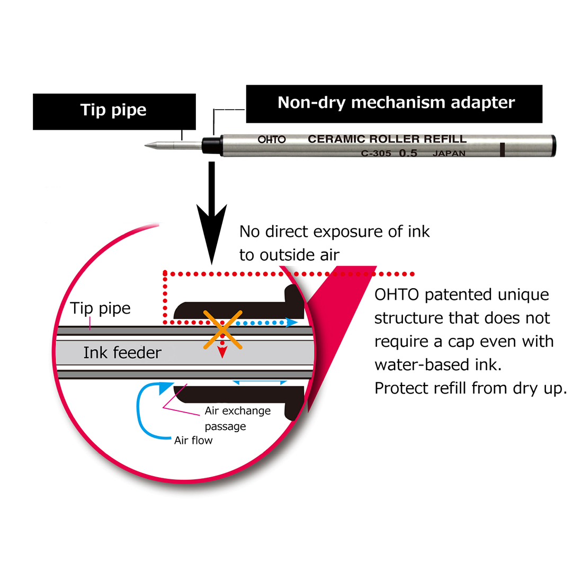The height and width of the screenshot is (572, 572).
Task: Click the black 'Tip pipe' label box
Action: tap(114, 111)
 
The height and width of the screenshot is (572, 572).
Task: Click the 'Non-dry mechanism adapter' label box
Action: tap(395, 103)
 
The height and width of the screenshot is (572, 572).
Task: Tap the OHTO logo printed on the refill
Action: tap(272, 140)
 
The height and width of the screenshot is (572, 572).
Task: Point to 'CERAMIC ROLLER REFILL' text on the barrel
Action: tap(387, 139)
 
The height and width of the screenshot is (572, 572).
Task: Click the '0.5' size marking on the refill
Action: tap(409, 154)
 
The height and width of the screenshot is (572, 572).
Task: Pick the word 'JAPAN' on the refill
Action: tap(449, 154)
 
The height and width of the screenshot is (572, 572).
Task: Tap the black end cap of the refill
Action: tap(552, 146)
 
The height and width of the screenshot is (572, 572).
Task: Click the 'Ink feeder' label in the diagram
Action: tap(122, 353)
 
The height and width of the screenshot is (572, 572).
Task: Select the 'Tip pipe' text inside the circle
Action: tap(101, 309)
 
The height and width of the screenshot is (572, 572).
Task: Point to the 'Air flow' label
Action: tap(193, 440)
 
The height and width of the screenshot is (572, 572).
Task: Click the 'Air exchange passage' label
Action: tap(237, 418)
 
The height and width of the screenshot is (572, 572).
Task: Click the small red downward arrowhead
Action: tap(223, 353)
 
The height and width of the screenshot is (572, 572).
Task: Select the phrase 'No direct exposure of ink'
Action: tap(334, 232)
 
